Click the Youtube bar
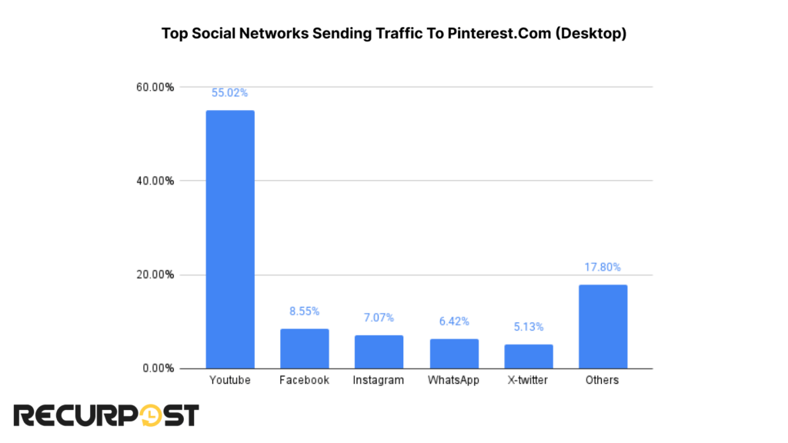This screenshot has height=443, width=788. (x=229, y=239)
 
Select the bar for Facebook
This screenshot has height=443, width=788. (x=304, y=348)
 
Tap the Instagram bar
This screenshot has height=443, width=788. (x=379, y=351)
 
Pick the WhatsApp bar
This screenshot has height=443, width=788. (x=453, y=353)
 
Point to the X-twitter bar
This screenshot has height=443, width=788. (x=528, y=356)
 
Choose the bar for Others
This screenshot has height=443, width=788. (x=603, y=326)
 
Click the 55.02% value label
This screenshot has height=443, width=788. (x=229, y=93)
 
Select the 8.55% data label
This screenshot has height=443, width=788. (x=304, y=311)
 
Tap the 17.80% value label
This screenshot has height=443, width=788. (x=603, y=268)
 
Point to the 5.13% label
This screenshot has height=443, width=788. (x=528, y=327)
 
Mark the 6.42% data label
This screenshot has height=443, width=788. (x=453, y=321)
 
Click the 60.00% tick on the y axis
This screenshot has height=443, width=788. (x=156, y=87)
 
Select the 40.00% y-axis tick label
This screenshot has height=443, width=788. (x=156, y=181)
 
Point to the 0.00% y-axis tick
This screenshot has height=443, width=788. (x=159, y=368)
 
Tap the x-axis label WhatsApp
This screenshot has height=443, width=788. (x=453, y=380)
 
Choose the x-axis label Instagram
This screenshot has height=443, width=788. (x=379, y=380)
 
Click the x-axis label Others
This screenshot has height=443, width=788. (x=603, y=380)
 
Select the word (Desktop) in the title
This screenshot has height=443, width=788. (x=594, y=35)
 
